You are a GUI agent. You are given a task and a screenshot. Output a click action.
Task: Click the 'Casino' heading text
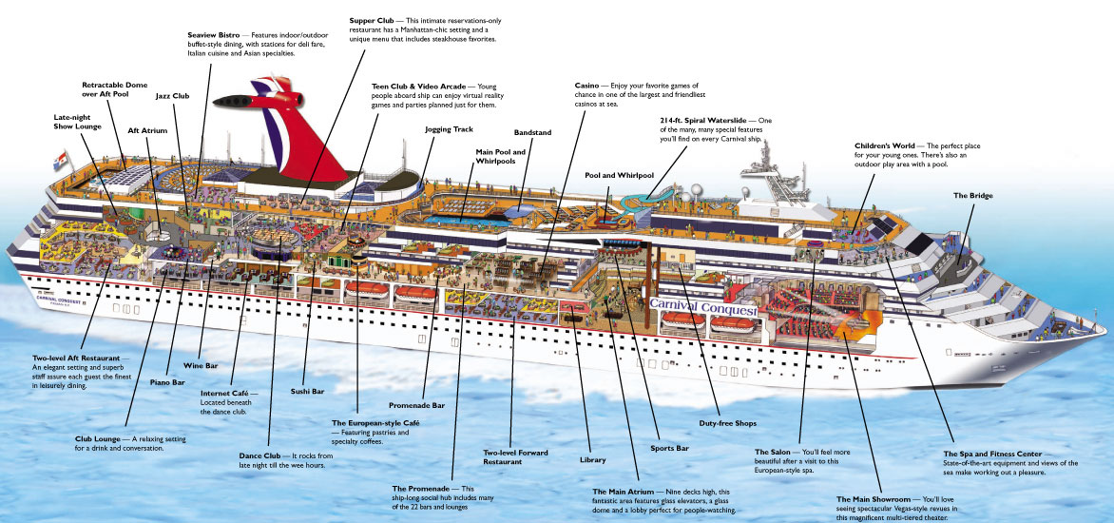pos(586,86)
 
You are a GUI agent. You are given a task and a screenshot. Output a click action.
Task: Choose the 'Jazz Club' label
pos(172,96)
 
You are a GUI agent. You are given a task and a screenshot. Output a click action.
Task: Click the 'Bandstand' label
pos(531,132)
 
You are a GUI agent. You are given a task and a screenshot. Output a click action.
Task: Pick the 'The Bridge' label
pos(972,195)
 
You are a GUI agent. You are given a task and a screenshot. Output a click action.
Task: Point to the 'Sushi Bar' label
pos(307,391)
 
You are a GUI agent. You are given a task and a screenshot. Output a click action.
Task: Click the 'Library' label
pos(592,459)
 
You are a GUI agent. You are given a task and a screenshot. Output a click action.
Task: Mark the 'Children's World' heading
pos(883,145)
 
